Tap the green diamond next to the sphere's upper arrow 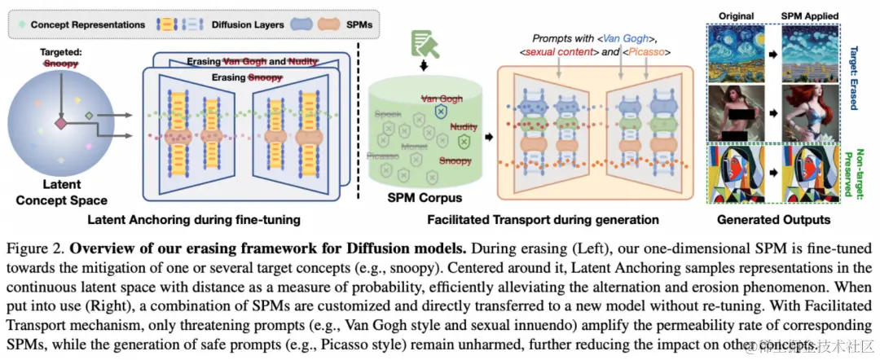(89, 115)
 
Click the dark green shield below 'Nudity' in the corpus (465, 143)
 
